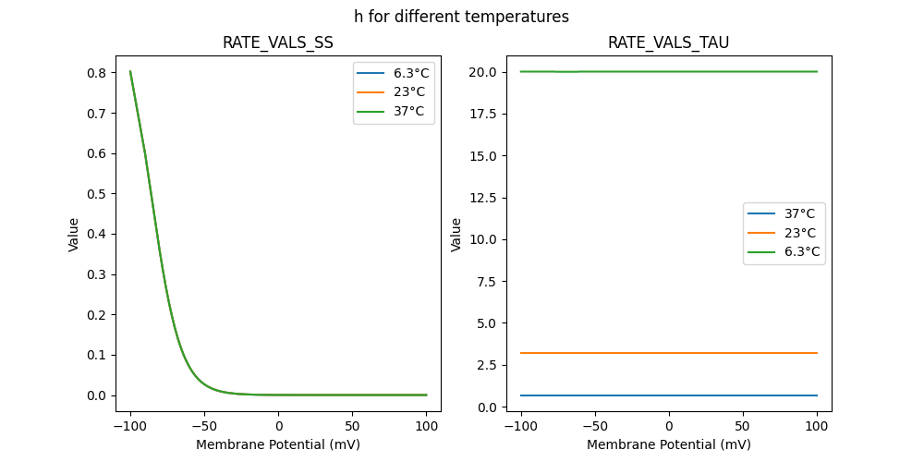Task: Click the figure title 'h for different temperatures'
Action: (x=461, y=17)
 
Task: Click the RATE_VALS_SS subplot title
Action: (x=277, y=43)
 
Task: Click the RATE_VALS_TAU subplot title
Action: (x=668, y=43)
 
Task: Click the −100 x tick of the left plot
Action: (x=130, y=426)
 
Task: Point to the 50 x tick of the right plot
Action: (x=743, y=426)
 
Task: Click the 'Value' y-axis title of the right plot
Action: (x=456, y=235)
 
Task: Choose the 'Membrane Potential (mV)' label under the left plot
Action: (x=277, y=444)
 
